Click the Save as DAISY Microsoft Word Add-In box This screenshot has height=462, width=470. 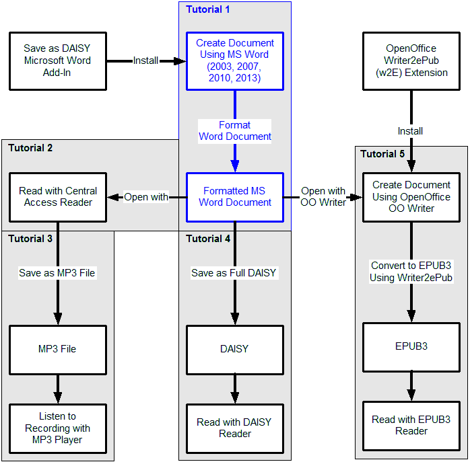(x=58, y=61)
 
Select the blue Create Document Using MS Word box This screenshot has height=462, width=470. (x=235, y=61)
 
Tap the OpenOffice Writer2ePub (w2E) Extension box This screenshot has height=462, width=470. (x=411, y=61)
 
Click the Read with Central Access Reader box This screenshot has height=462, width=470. (x=58, y=197)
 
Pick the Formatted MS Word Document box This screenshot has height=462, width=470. (x=235, y=197)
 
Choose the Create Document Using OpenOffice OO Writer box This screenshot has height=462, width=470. (x=411, y=197)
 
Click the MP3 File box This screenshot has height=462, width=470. (x=58, y=350)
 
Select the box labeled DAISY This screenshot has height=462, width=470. (x=235, y=350)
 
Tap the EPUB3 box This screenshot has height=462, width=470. (x=411, y=347)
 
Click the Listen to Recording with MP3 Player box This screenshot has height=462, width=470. (x=58, y=428)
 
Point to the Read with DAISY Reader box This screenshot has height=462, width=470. (x=235, y=428)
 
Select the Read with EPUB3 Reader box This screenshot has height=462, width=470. (x=411, y=426)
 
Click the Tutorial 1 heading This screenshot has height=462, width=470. (x=207, y=9)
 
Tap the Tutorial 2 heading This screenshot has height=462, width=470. (x=30, y=148)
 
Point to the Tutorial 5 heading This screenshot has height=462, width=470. (x=382, y=154)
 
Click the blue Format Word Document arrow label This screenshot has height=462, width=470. (x=235, y=131)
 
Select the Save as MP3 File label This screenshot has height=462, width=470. (x=57, y=273)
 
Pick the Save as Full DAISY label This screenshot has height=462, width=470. (x=234, y=273)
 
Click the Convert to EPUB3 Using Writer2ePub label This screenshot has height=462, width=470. (x=411, y=272)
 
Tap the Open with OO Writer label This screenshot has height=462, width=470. (x=323, y=197)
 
